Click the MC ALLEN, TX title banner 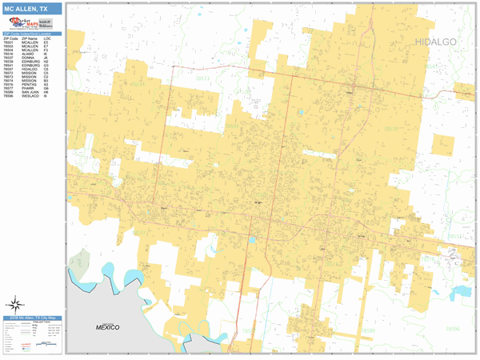(x=32, y=9)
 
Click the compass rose (x=14, y=304)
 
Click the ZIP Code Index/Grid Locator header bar (x=32, y=33)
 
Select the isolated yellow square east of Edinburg (x=441, y=144)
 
